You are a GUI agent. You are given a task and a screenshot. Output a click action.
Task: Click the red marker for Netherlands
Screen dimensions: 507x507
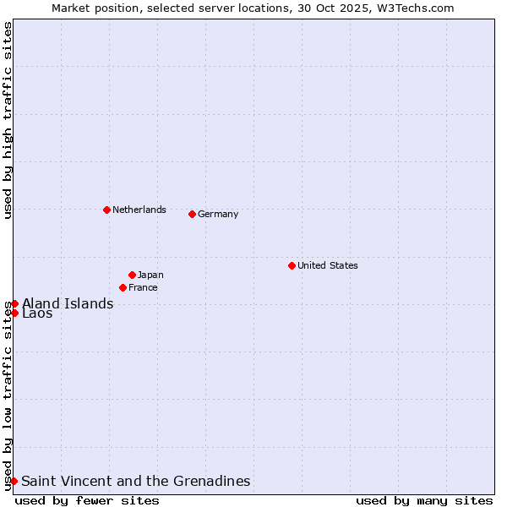coord(106,210)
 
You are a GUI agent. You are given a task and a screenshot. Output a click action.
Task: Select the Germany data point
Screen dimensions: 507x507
coord(192,214)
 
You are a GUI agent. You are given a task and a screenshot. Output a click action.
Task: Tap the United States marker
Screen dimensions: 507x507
coord(292,265)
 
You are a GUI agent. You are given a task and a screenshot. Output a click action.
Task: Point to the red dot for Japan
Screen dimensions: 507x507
coord(132,275)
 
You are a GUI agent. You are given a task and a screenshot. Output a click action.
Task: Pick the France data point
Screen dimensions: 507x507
coord(123,287)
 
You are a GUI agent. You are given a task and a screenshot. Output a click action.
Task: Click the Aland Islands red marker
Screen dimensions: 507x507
coord(14,303)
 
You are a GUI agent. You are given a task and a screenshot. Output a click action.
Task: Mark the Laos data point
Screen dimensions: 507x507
coord(14,313)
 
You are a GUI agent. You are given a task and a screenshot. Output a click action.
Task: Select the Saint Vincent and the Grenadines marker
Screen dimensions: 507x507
coord(14,481)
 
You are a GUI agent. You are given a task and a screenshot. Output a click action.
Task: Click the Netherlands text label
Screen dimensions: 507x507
coord(139,210)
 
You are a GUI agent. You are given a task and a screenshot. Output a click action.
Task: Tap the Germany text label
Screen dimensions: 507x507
coord(218,214)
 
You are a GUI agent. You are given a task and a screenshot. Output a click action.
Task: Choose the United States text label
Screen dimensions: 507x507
coord(327,265)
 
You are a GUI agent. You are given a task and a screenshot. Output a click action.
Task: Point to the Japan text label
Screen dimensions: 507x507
coord(150,275)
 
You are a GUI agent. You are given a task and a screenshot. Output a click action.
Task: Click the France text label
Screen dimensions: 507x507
coord(143,287)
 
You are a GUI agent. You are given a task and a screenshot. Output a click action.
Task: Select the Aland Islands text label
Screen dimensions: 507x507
coord(68,303)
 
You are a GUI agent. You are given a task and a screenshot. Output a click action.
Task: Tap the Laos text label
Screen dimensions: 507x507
coord(37,313)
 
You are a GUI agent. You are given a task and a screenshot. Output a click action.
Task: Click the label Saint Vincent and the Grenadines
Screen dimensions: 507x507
coord(135,481)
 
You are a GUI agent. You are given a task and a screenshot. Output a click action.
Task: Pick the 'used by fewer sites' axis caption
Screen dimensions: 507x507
coord(87,500)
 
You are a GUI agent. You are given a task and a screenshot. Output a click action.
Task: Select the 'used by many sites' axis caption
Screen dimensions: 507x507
coord(424,500)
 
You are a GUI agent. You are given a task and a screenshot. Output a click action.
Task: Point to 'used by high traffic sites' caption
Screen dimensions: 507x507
coord(8,120)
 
